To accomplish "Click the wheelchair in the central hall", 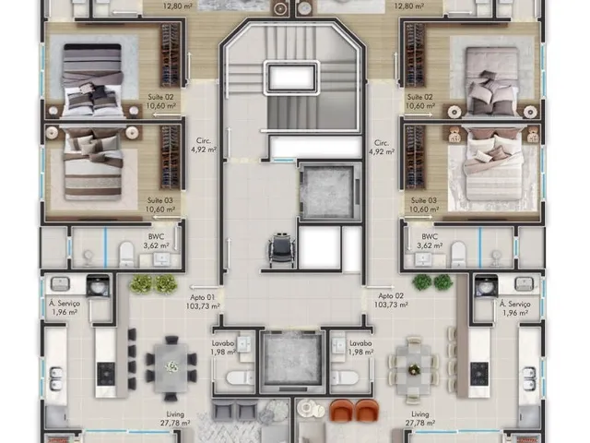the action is pyautogui.click(x=282, y=250).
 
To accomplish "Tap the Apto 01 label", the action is pyautogui.click(x=203, y=302).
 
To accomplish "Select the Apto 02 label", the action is pyautogui.click(x=391, y=300).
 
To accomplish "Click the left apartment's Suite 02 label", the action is pyautogui.click(x=160, y=102).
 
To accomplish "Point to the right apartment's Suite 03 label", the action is pyautogui.click(x=424, y=205).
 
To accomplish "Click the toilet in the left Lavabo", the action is pyautogui.click(x=240, y=377).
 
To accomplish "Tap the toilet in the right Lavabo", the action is pyautogui.click(x=345, y=377).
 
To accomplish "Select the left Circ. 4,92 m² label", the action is pyautogui.click(x=204, y=146).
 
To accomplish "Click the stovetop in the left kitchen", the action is pyautogui.click(x=106, y=374).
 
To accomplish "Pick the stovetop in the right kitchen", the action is pyautogui.click(x=479, y=374).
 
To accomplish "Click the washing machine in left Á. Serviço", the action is pyautogui.click(x=98, y=286).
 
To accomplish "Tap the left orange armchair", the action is pyautogui.click(x=342, y=410).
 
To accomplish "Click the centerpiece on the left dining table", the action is pyautogui.click(x=171, y=365).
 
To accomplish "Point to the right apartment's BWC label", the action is pyautogui.click(x=430, y=241).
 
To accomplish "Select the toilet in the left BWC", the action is pyautogui.click(x=126, y=254).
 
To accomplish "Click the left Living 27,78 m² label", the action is pyautogui.click(x=175, y=418).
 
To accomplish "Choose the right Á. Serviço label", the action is pyautogui.click(x=514, y=308).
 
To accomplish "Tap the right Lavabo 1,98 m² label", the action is pyautogui.click(x=361, y=347).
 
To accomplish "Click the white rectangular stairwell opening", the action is pyautogui.click(x=291, y=77).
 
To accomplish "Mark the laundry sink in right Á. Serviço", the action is pyautogui.click(x=525, y=283).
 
